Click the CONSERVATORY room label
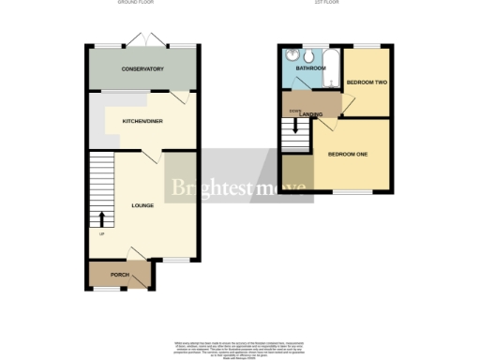coord(142,69)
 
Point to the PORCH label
coord(120,275)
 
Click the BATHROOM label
coord(310,68)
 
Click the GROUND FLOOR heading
coord(136,4)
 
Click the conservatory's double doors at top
coord(147,39)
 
